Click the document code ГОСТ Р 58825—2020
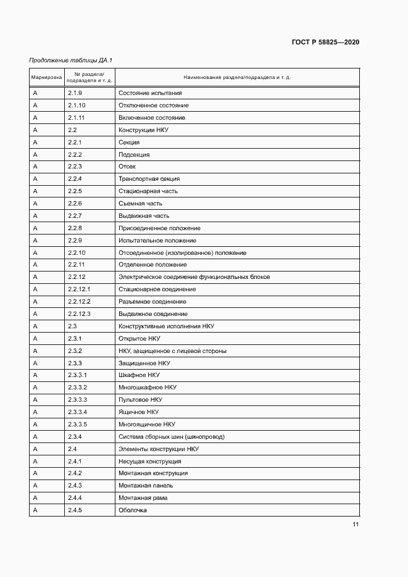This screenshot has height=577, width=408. coord(325,42)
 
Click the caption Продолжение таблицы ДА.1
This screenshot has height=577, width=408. coord(70,60)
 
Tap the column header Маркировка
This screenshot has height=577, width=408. coord(46,78)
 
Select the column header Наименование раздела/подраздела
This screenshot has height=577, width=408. coord(237,78)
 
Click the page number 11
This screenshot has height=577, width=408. coord(356,525)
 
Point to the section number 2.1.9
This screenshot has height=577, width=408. coord(75,93)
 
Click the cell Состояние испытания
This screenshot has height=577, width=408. coord(150,93)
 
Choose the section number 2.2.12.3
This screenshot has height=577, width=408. coord(79,314)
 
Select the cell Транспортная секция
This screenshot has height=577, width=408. coord(149,179)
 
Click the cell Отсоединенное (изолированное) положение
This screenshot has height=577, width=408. coord(182,253)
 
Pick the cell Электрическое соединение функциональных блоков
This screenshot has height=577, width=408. coord(194,277)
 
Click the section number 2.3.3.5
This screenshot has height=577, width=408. coord(77,425)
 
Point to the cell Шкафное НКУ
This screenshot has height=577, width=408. coord(139,375)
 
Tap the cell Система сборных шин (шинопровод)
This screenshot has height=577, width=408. coord(171,437)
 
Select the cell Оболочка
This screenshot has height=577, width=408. coord(133,510)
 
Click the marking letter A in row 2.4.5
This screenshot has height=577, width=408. coord(35,510)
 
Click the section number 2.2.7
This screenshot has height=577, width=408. coord(75,216)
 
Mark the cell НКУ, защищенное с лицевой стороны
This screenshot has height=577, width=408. coord(172,351)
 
